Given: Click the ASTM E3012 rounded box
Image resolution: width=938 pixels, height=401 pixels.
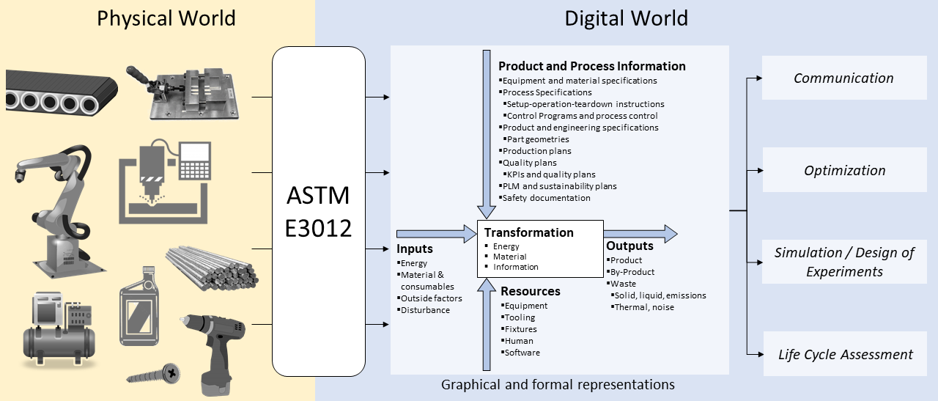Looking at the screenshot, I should (318, 211).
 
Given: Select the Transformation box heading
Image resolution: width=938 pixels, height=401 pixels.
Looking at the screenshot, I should (528, 232).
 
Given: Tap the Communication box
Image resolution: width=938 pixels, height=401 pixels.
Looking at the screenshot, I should (843, 78).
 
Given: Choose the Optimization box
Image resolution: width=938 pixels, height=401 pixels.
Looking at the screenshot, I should (844, 171).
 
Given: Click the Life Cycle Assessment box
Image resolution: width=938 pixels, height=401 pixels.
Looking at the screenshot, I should (845, 355).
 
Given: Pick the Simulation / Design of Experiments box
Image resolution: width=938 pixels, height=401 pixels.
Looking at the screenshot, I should (844, 262).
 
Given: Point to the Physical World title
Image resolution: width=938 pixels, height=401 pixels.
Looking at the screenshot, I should (166, 18).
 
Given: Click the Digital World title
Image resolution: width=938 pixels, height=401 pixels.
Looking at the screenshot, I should (626, 18).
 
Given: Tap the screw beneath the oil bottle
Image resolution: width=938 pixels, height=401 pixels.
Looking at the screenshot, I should (154, 375).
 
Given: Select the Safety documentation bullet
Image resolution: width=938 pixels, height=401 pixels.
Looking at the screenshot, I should (545, 198).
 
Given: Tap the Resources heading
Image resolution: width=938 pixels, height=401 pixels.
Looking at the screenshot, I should (530, 292).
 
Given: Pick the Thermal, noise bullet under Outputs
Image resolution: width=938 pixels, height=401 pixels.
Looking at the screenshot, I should (643, 307).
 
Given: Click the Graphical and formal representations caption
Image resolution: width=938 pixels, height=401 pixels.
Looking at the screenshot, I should (557, 384).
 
